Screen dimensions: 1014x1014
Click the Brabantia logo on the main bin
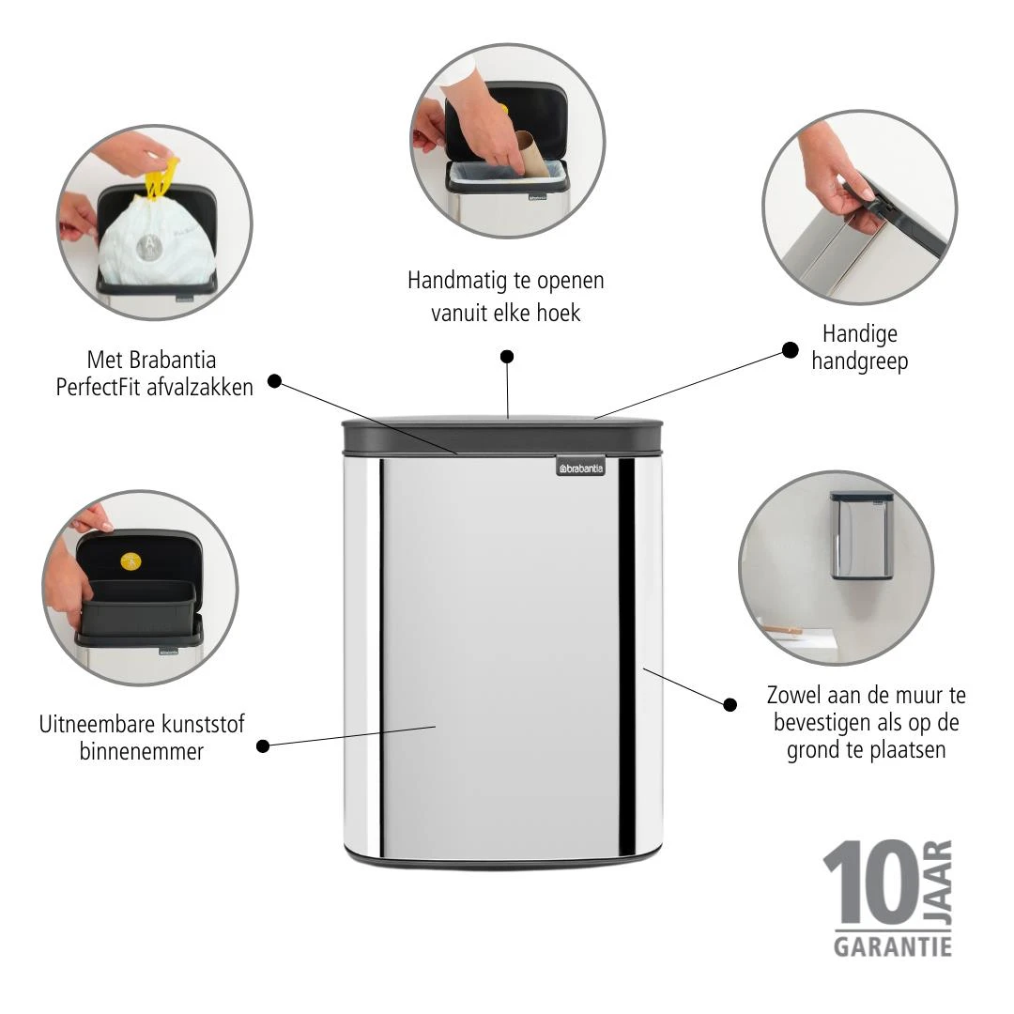(580, 468)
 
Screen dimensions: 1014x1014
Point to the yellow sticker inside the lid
(131, 561)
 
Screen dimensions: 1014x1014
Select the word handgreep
(859, 361)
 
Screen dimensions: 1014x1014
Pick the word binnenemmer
(142, 751)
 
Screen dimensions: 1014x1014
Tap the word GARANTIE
(892, 945)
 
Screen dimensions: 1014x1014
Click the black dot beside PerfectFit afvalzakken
(274, 380)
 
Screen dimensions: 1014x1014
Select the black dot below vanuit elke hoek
(507, 356)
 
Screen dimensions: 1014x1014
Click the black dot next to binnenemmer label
(263, 745)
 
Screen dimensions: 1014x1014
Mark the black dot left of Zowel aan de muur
(730, 703)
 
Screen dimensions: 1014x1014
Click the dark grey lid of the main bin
(502, 433)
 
